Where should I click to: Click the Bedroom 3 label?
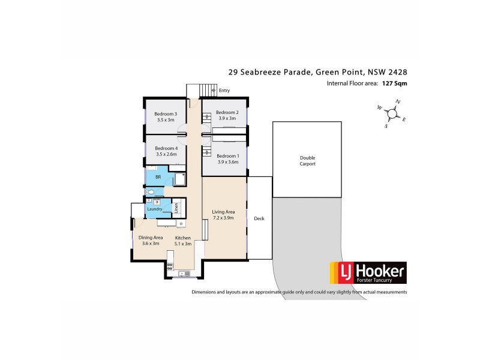[166, 114]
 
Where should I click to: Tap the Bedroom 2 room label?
[227, 112]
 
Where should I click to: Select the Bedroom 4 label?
[166, 148]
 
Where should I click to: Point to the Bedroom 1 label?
[227, 156]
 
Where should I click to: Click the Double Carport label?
[307, 161]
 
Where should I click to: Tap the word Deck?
[259, 218]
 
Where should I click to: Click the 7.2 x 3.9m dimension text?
[223, 218]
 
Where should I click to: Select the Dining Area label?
[151, 238]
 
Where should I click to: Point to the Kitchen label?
[182, 238]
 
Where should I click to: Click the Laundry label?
[155, 209]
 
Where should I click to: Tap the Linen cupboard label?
[176, 208]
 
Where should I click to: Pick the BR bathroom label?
[158, 178]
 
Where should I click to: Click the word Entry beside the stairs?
[224, 91]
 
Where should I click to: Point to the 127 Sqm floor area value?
[394, 84]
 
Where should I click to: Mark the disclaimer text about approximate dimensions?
[299, 292]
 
